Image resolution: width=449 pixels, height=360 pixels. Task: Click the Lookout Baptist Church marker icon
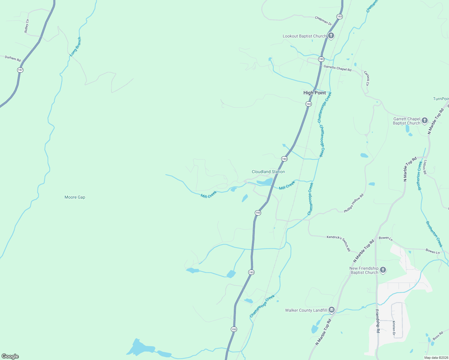[331, 36]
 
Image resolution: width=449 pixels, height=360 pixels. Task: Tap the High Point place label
[314, 93]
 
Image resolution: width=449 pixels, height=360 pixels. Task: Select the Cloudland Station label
[268, 172]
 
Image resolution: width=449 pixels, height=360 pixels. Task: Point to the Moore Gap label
[75, 197]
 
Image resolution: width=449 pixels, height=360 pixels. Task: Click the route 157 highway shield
[20, 70]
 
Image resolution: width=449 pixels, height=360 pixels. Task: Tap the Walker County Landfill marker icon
[331, 310]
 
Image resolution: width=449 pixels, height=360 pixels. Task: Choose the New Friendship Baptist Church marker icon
[383, 270]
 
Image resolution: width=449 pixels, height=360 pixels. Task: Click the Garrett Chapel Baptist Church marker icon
[424, 121]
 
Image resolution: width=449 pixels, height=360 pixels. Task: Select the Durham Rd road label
[13, 58]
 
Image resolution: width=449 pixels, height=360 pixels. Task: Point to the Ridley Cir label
[27, 26]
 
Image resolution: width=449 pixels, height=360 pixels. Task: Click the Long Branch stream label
[75, 47]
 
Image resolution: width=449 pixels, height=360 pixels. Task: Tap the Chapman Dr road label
[323, 21]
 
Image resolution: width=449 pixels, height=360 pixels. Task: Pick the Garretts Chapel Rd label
[337, 68]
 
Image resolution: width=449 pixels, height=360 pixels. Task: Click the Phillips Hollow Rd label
[354, 203]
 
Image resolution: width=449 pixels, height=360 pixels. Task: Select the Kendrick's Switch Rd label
[339, 243]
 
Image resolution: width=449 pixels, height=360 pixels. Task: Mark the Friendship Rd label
[378, 321]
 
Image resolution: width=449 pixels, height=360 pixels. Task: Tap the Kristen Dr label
[394, 328]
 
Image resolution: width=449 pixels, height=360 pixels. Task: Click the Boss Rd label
[438, 336]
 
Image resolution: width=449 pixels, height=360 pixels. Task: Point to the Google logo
[10, 356]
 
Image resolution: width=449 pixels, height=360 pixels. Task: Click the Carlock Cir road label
[366, 78]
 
